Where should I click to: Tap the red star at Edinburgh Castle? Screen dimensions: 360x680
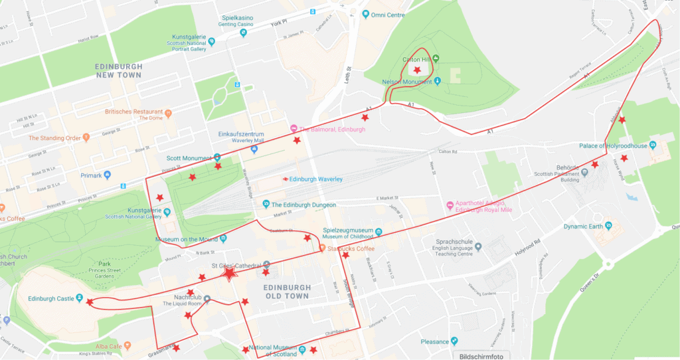pyautogui.click(x=90, y=302)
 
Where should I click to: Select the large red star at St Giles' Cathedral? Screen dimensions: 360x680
pyautogui.click(x=229, y=273)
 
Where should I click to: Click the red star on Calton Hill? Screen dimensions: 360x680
pyautogui.click(x=417, y=70)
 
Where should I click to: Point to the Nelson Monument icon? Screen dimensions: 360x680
pyautogui.click(x=438, y=82)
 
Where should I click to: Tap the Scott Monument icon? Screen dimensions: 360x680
pyautogui.click(x=217, y=157)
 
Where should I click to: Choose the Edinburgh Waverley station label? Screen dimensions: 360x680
pyautogui.click(x=315, y=179)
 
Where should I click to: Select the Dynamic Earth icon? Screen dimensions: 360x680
pyautogui.click(x=608, y=226)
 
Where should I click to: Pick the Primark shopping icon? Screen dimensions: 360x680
pyautogui.click(x=108, y=175)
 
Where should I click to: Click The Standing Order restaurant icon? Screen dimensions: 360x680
pyautogui.click(x=86, y=138)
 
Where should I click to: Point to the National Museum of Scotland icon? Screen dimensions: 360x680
pyautogui.click(x=302, y=349)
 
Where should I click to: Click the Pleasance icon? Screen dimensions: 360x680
pyautogui.click(x=454, y=341)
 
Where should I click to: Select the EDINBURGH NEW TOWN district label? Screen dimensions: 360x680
pyautogui.click(x=118, y=71)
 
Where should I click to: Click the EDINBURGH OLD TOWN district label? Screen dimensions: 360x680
pyautogui.click(x=286, y=292)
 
